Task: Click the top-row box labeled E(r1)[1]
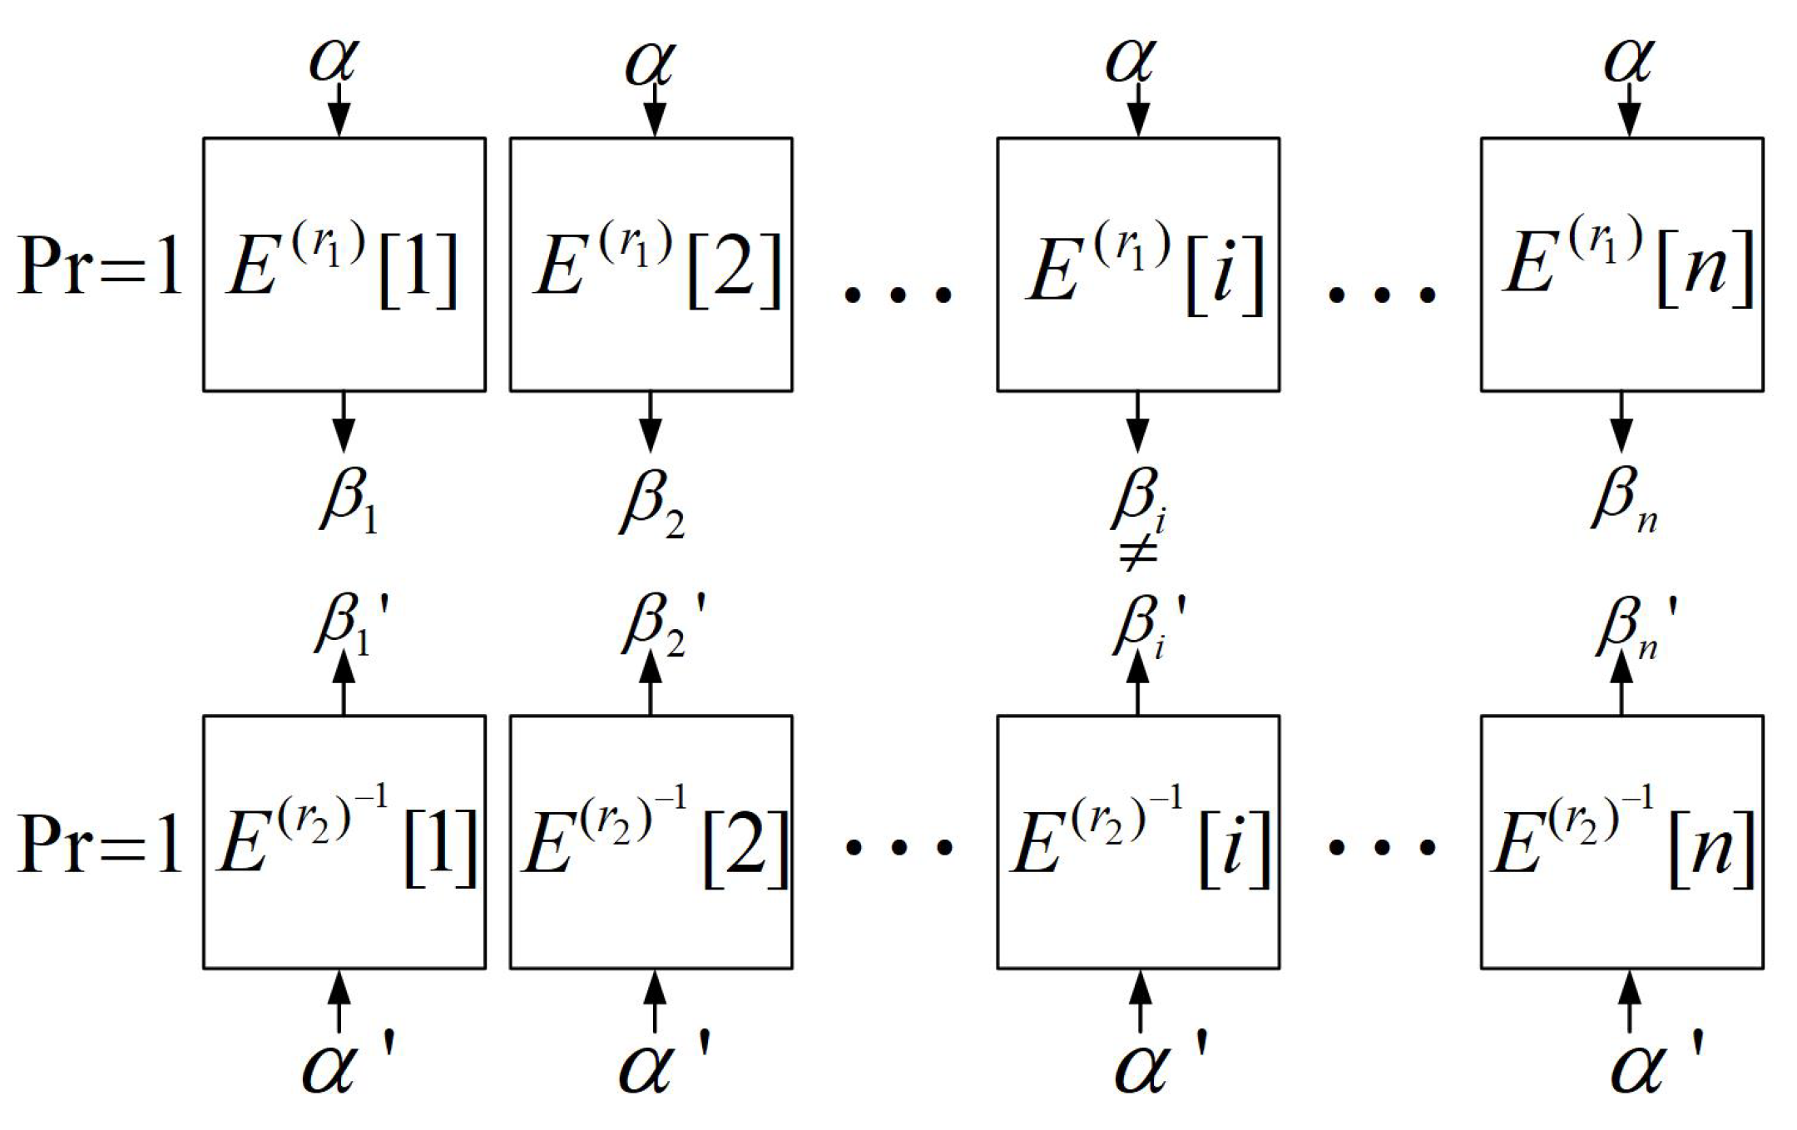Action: [344, 265]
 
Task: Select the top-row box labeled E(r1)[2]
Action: [651, 265]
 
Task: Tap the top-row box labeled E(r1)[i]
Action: [1138, 265]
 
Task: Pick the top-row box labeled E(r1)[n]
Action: [1621, 265]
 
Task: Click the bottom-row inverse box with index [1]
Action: [344, 842]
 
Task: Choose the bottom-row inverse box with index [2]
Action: [651, 842]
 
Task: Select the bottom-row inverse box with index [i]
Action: [1138, 842]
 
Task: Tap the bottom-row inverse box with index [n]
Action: [1621, 842]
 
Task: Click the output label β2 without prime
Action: [652, 502]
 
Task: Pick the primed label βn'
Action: [1632, 626]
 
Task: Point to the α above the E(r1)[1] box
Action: [334, 60]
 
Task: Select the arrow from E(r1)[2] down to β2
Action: [651, 422]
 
